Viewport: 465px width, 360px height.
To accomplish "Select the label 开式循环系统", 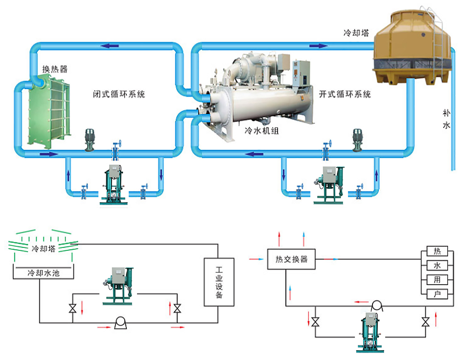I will pyautogui.click(x=345, y=94).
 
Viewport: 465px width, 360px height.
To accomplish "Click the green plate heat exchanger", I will pyautogui.click(x=48, y=110).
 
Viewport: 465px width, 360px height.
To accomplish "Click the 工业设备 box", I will pyautogui.click(x=219, y=282).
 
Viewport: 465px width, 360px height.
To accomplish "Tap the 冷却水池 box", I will pyautogui.click(x=43, y=272).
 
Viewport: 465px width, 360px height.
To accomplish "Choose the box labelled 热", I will pyautogui.click(x=437, y=251).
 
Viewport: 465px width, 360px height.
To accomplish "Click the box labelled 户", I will pyautogui.click(x=437, y=294).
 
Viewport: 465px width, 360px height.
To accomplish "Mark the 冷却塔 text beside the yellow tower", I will pyautogui.click(x=356, y=33).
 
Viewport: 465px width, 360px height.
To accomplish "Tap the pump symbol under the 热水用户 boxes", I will pyautogui.click(x=376, y=305).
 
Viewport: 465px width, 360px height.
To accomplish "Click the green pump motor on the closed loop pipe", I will pyautogui.click(x=90, y=138).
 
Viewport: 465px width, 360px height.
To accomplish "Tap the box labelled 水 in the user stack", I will pyautogui.click(x=437, y=265).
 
